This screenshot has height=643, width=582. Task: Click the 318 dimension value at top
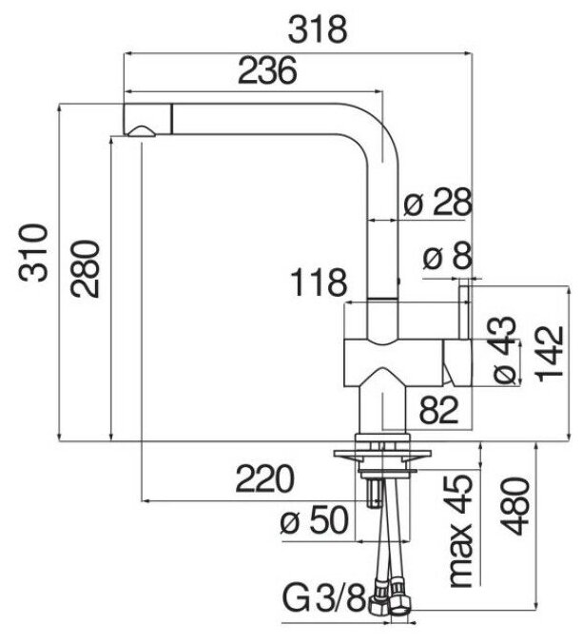point(317,30)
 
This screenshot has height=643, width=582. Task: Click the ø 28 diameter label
point(434,203)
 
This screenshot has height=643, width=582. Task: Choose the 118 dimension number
point(317,283)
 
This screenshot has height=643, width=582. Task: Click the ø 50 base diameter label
point(317,521)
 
